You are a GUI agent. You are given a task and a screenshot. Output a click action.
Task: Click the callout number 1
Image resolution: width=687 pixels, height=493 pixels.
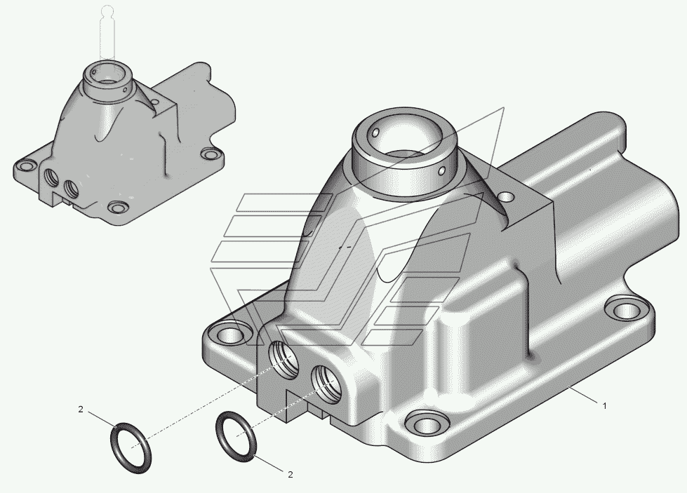[605, 406]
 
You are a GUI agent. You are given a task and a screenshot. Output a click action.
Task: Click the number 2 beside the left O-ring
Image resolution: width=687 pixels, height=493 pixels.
[81, 410]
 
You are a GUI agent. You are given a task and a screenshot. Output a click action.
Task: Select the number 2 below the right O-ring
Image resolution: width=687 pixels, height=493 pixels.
[290, 475]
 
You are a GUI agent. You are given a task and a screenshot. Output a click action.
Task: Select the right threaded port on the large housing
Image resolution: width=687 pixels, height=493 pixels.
[327, 384]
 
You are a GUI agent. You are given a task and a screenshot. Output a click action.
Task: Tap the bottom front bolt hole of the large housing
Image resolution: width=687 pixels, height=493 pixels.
[427, 424]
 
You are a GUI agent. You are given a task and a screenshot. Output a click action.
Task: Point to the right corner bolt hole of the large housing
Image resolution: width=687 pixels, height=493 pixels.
[627, 311]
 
